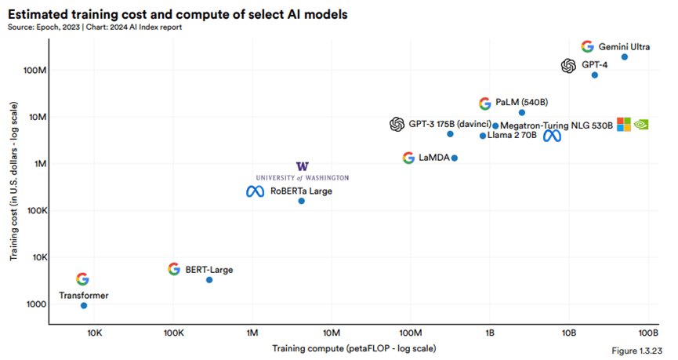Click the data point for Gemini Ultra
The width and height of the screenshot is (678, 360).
(x=624, y=56)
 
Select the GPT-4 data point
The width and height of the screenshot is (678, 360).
(x=594, y=75)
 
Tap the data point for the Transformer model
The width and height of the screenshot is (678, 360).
(x=84, y=305)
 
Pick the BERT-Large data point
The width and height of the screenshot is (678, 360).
(x=209, y=280)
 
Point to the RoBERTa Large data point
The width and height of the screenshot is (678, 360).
(x=301, y=202)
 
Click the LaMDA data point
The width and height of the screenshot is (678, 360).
(x=455, y=158)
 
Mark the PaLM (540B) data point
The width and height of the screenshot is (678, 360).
(x=522, y=113)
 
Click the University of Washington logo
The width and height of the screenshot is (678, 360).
(x=303, y=172)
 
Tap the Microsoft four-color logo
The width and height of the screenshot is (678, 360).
(x=623, y=124)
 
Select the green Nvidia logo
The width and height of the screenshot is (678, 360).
(x=641, y=124)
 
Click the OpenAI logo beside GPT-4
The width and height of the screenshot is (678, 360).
(x=568, y=66)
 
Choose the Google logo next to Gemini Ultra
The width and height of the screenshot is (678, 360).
(x=587, y=46)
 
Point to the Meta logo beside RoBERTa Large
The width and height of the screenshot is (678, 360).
(x=255, y=191)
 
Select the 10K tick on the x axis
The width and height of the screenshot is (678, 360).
(x=93, y=333)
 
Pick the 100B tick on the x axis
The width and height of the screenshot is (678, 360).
(x=648, y=333)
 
